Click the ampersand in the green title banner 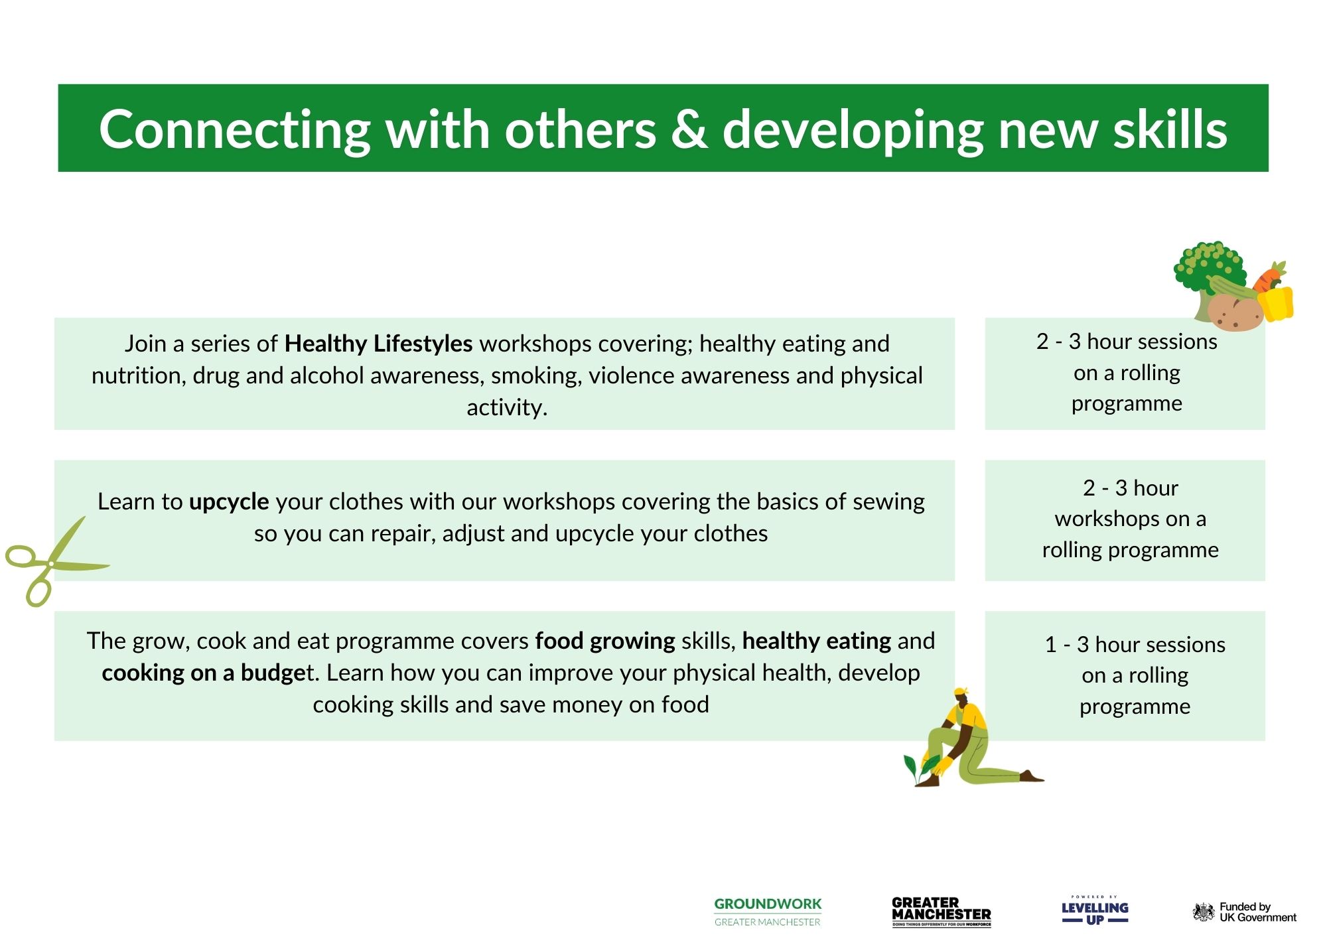pos(689,129)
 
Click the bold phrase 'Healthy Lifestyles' pos(378,344)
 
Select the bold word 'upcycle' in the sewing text pos(229,502)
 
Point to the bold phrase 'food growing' pos(605,641)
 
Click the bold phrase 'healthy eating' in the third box pos(816,641)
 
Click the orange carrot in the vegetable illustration pos(1270,277)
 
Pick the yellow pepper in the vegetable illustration pos(1275,303)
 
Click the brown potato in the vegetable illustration pos(1235,312)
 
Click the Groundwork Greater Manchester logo pos(768,911)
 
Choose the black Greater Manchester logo pos(942,911)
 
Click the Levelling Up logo pos(1095,910)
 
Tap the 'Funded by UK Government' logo pos(1245,912)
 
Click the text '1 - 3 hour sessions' pos(1135,644)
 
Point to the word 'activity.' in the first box pos(507,407)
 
